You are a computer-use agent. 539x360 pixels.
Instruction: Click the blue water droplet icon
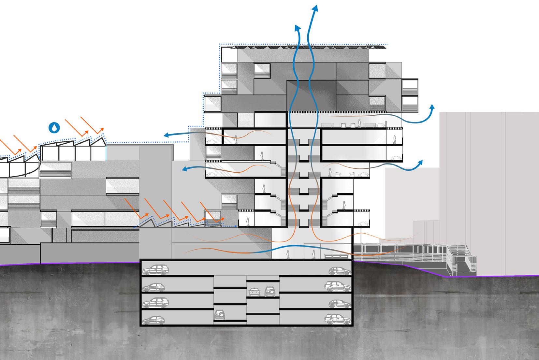[54, 127]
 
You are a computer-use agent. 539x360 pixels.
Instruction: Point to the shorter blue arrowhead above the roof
[297, 28]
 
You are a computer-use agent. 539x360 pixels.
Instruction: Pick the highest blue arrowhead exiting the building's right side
[432, 108]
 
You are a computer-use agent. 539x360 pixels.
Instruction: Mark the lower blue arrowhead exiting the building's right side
[421, 163]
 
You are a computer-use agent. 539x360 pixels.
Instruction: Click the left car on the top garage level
[153, 269]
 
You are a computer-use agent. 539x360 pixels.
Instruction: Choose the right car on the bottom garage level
[338, 318]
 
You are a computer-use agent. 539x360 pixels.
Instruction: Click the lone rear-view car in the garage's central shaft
[218, 315]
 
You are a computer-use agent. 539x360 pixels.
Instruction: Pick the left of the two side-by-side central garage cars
[254, 292]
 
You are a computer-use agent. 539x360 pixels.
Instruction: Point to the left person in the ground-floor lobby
[288, 254]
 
